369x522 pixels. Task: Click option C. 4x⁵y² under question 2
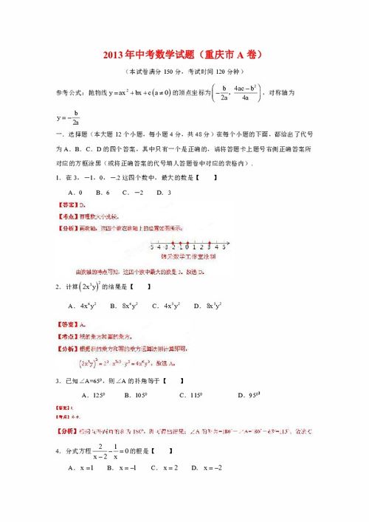click(166, 305)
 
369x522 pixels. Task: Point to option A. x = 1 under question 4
click(80, 467)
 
